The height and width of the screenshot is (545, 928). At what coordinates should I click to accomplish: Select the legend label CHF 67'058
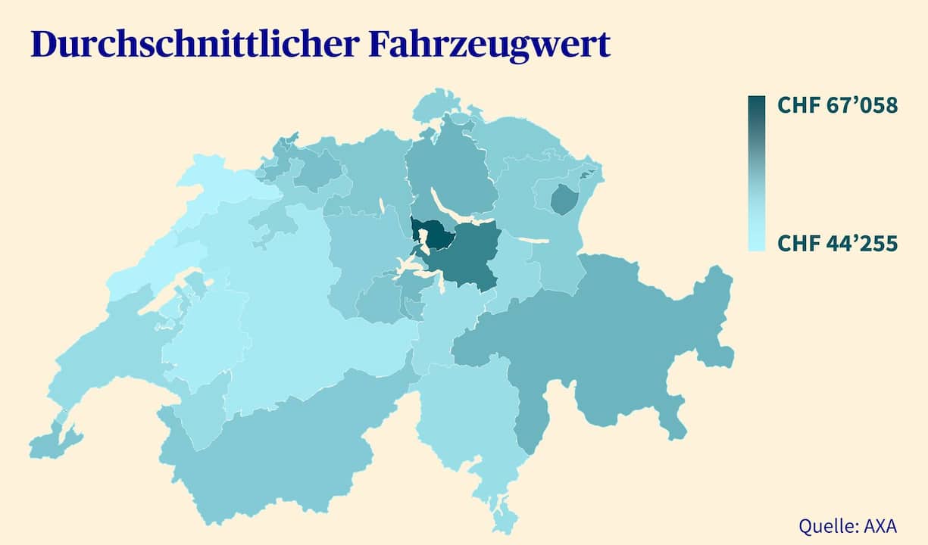point(837,106)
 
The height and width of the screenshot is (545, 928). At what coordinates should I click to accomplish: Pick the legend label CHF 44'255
point(837,244)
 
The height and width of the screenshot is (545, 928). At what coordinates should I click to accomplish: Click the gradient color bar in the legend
point(756,173)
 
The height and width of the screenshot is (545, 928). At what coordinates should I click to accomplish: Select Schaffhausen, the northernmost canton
point(439,102)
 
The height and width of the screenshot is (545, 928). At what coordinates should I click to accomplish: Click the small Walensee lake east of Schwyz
point(533,240)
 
